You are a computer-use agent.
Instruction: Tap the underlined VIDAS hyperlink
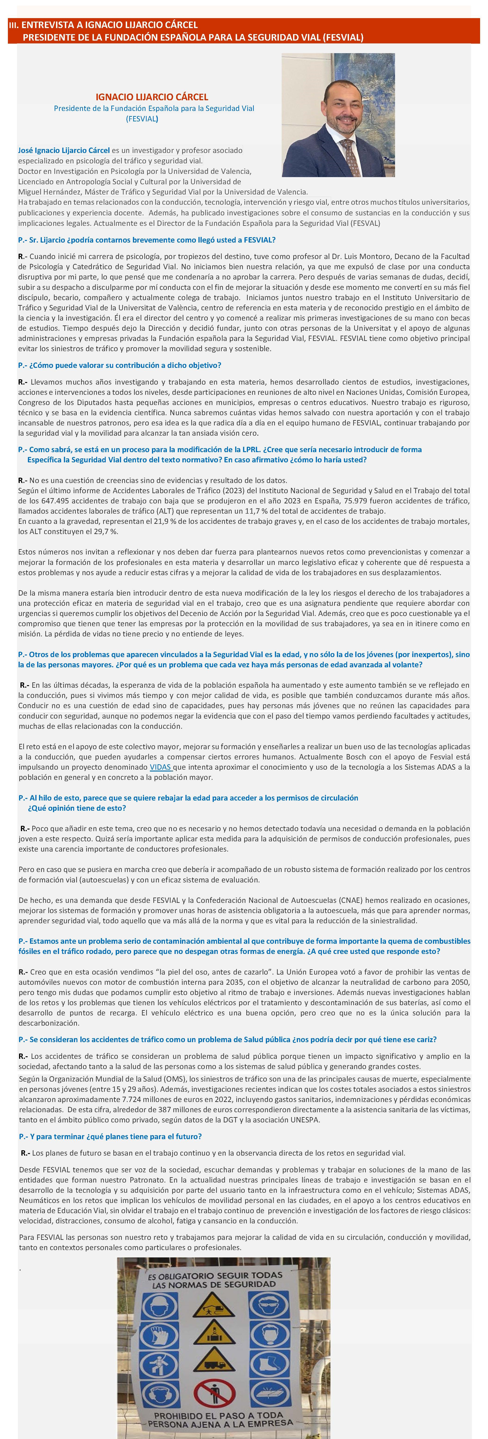[x=160, y=767]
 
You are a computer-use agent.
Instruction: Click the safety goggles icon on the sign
[x=269, y=1306]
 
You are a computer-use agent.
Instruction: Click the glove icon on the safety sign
[x=160, y=1335]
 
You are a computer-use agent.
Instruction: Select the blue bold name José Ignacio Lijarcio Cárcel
[x=64, y=150]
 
